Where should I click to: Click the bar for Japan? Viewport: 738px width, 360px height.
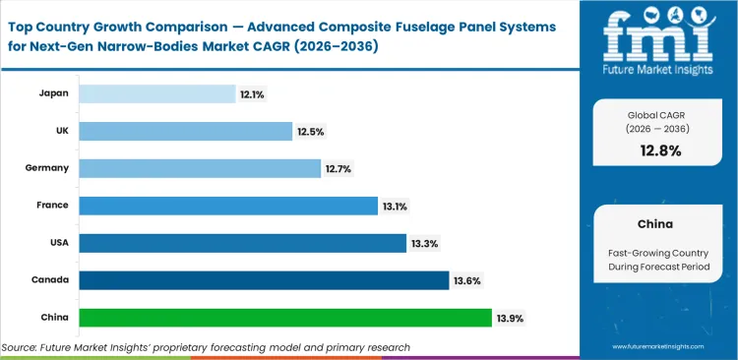coord(156,93)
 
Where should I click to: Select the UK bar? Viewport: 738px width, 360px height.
coord(185,131)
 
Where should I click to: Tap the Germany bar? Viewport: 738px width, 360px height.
coord(200,168)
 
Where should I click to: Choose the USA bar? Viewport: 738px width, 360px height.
coord(242,243)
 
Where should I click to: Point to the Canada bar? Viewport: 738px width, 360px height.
coord(264,280)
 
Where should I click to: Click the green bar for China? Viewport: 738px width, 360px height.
coord(285,318)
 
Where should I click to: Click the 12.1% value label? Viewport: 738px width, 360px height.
coord(251,94)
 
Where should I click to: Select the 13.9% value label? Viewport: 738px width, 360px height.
coord(510,318)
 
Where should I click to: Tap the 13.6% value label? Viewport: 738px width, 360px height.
coord(466,281)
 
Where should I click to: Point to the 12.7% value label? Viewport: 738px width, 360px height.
coord(338,169)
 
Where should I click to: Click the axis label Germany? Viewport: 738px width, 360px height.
coord(46,168)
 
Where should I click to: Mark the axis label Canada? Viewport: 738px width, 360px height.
coord(49,280)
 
